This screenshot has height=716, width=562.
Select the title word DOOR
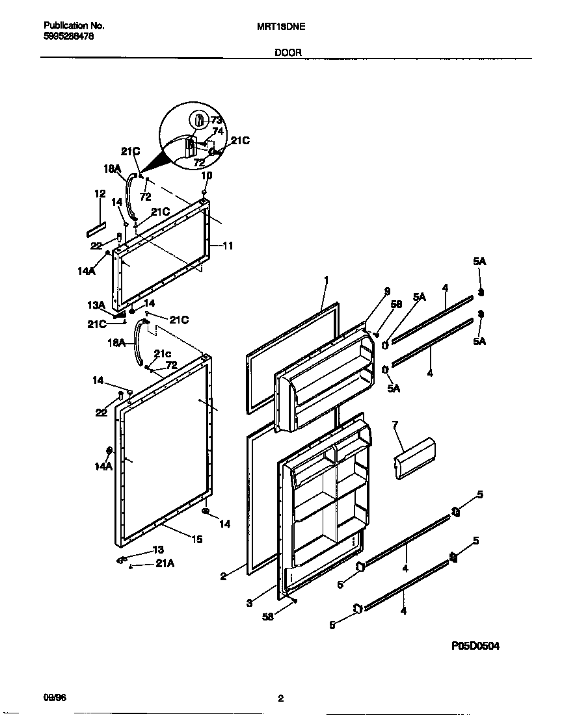click(x=288, y=53)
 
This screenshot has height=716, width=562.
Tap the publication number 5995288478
click(x=68, y=38)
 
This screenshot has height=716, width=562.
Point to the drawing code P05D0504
click(x=475, y=646)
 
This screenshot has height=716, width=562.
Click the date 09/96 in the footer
click(x=55, y=698)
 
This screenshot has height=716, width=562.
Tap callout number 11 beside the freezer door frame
click(x=228, y=246)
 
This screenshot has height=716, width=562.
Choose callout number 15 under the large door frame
click(x=196, y=539)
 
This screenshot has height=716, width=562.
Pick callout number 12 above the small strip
click(x=100, y=194)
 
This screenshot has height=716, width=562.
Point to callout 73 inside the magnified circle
click(x=217, y=120)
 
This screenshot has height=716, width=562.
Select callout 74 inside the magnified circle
click(x=218, y=131)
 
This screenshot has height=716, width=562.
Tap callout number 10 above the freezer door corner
click(x=206, y=175)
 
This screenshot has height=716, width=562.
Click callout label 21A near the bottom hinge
click(x=165, y=565)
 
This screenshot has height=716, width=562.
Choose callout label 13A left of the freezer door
click(x=96, y=305)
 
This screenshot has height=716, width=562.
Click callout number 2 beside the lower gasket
click(x=222, y=576)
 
